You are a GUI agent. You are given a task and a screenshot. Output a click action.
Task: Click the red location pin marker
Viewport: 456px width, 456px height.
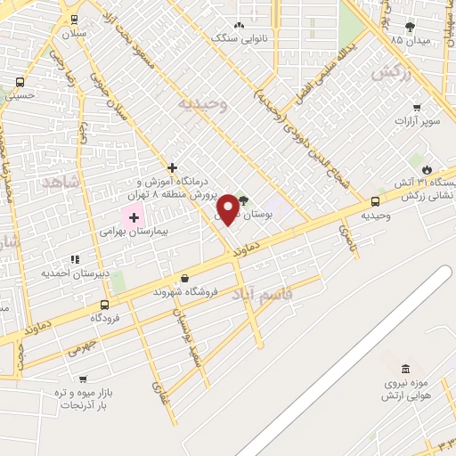tap(229, 208)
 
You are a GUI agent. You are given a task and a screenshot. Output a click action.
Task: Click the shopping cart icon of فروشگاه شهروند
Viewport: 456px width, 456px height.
tap(184, 279)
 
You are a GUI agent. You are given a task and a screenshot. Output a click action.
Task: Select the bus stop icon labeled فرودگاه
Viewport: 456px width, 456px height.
tap(105, 304)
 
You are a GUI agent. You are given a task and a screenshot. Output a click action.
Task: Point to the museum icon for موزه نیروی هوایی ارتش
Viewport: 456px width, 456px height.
tap(405, 369)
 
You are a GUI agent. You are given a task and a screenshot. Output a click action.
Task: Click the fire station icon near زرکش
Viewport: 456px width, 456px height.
tap(427, 169)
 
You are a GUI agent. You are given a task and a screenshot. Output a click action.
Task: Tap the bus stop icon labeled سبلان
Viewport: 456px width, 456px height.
tap(73, 20)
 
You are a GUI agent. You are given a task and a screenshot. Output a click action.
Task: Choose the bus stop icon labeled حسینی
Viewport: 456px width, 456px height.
tap(20, 82)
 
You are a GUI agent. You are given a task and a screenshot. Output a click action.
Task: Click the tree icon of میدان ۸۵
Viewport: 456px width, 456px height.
tap(409, 28)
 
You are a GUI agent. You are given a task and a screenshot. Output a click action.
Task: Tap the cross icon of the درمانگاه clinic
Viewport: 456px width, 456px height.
tap(172, 167)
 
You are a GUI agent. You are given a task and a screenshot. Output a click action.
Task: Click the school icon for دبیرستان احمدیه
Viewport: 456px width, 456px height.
tap(75, 259)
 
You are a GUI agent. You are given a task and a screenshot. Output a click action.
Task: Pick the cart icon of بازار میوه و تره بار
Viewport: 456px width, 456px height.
tap(83, 379)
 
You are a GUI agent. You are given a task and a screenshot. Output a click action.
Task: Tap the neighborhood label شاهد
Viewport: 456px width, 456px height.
tap(60, 182)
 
